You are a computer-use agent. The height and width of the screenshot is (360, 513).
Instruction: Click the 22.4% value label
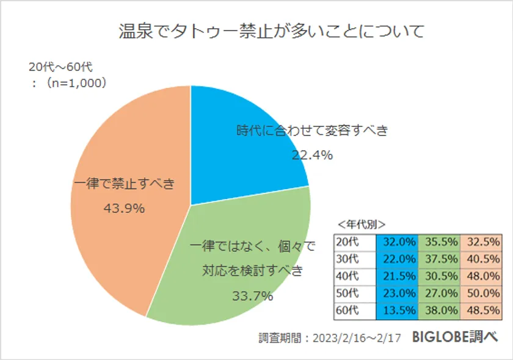coord(312,155)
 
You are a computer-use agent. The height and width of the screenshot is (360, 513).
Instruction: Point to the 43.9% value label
coord(124,209)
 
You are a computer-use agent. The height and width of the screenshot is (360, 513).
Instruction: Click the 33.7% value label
coord(252,297)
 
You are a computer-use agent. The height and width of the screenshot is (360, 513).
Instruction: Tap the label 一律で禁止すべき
coord(124,183)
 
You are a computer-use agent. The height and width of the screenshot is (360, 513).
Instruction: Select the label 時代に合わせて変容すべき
coord(311,130)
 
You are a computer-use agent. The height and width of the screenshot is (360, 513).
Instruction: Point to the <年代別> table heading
coord(361,223)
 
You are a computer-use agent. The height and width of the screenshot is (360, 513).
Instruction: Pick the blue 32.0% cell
coord(397,242)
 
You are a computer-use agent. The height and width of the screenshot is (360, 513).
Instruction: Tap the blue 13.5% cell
coord(397,310)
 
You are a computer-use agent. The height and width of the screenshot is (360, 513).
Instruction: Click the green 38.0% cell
coord(439,310)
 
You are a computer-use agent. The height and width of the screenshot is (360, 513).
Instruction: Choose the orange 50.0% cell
coord(481,293)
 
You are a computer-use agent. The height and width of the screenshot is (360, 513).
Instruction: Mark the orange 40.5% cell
coord(481,259)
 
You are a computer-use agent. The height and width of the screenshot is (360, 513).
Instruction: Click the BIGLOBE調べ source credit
coord(455,337)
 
